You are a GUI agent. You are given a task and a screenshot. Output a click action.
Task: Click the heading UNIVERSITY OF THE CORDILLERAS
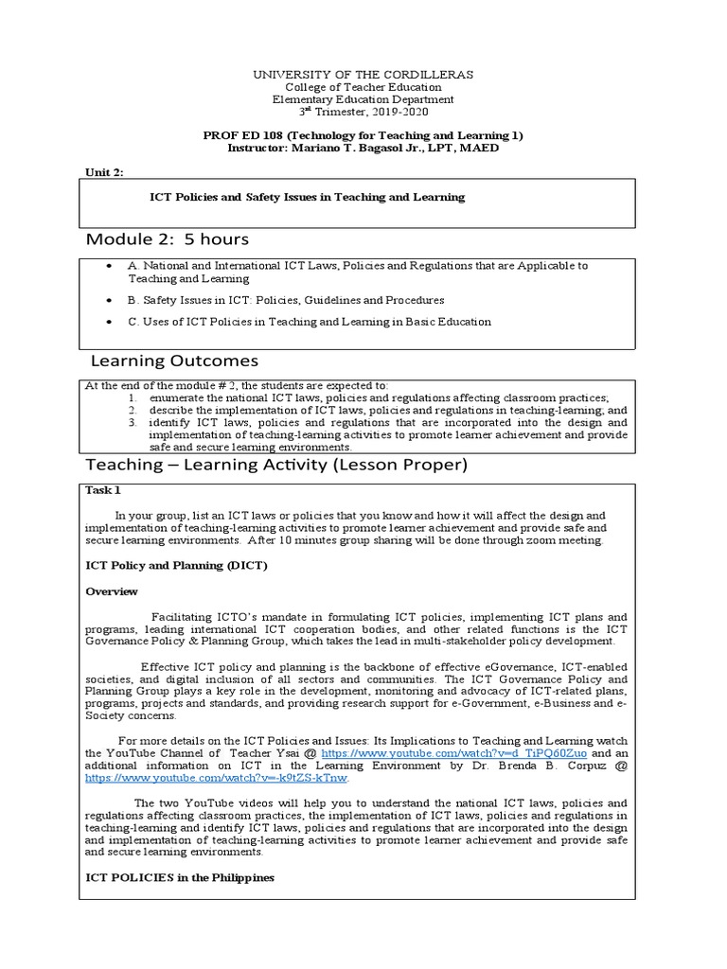coord(363,74)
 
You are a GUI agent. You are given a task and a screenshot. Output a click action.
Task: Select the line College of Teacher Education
coord(363,87)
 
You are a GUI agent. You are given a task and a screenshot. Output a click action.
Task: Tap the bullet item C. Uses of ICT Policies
coord(310,322)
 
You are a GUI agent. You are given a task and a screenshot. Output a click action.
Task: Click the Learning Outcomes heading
coord(173,361)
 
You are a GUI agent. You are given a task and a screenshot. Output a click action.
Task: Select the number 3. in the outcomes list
coord(133,422)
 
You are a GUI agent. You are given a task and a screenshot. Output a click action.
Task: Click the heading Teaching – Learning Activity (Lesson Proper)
coord(276,465)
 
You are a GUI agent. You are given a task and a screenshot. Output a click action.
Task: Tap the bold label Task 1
coord(103,490)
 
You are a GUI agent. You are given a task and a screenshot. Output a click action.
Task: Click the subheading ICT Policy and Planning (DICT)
coord(177,565)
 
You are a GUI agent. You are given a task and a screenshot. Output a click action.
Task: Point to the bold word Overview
coord(112,591)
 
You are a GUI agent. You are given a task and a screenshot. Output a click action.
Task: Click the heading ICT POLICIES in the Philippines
coord(180,877)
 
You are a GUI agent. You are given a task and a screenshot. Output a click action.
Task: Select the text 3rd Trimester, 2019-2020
coord(363,112)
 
